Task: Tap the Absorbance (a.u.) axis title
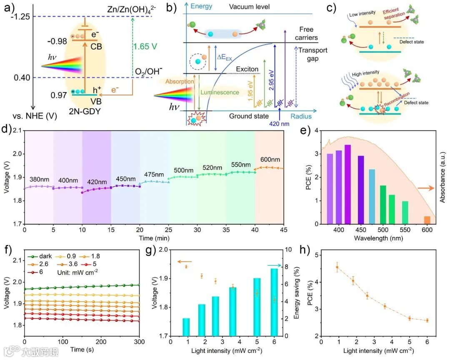point(442,177)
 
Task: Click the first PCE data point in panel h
point(337,267)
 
